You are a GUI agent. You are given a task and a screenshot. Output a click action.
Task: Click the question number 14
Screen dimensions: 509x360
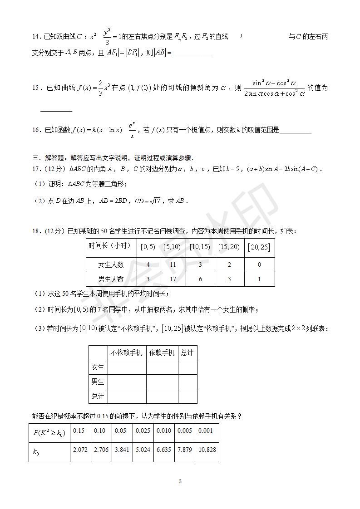coord(36,37)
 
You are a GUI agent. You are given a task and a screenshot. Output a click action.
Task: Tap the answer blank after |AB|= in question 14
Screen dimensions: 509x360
coord(192,54)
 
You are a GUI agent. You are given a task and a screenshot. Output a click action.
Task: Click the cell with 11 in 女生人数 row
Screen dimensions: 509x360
coord(173,265)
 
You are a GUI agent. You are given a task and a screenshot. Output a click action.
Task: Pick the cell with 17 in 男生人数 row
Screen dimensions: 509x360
coord(173,279)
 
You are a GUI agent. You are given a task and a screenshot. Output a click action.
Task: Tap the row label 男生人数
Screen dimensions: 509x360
coord(111,279)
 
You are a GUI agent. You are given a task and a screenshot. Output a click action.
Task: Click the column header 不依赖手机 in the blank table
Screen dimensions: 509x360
coord(126,352)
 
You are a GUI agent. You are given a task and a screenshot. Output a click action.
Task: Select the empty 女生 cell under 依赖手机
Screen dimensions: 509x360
coord(162,367)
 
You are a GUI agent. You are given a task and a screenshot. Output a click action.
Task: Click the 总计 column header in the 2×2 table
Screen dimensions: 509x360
coord(187,352)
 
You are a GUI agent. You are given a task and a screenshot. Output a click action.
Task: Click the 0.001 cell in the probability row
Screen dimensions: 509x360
coord(207,431)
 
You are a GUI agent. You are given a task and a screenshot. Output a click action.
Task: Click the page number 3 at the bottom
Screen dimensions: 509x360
coord(180,481)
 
